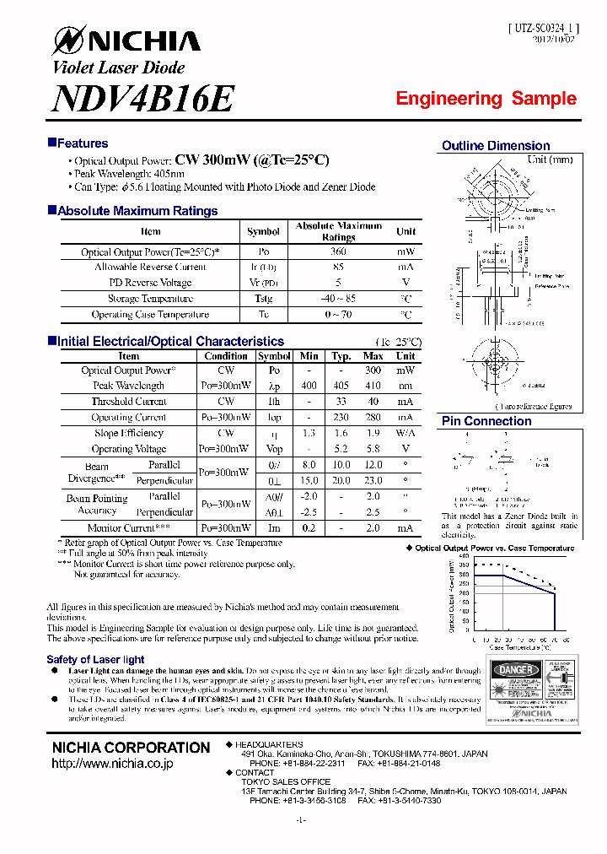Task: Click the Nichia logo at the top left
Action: click(126, 40)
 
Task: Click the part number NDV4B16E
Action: click(142, 100)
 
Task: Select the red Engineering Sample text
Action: click(486, 99)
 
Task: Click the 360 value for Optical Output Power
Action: click(338, 251)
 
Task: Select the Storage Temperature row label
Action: click(150, 299)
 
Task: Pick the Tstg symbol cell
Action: click(263, 299)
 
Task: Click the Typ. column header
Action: click(341, 356)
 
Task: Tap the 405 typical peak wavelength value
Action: click(341, 386)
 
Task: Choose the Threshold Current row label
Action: click(129, 402)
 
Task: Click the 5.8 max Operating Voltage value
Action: click(373, 449)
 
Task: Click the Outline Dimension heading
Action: click(496, 146)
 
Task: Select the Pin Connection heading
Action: click(486, 421)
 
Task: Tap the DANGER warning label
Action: click(515, 670)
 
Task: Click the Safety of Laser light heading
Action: click(95, 659)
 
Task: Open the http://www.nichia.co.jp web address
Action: click(112, 764)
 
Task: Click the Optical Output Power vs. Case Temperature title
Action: click(495, 549)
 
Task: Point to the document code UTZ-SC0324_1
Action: click(543, 28)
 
